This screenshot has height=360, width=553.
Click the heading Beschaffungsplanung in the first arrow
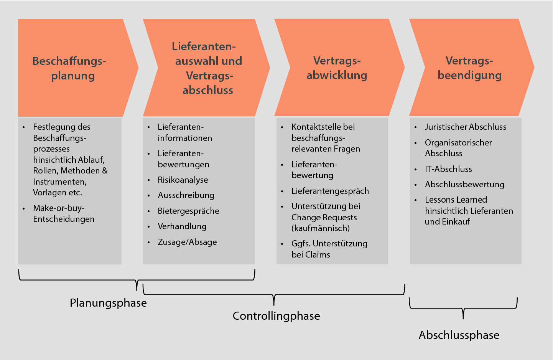coord(69,68)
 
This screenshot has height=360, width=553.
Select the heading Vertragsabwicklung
coord(337,68)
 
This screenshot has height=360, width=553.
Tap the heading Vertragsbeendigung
coord(469,68)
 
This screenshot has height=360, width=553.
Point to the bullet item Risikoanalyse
coord(183,180)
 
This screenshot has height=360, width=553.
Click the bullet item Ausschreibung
coord(186,195)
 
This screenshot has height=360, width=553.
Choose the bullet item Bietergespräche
coord(188,211)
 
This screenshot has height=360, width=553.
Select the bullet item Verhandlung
coord(182,226)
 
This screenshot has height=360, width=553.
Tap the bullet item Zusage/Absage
coord(187,242)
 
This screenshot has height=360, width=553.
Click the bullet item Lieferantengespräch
coord(330,191)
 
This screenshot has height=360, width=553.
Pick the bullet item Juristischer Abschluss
coord(466,127)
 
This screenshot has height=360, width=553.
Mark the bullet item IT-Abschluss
coord(448,169)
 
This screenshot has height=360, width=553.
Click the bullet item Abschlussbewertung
coord(464,185)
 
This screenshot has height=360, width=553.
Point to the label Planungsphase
coord(108,303)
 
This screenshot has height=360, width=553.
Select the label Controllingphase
coord(276,316)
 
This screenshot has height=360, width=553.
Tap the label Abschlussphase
coord(459,335)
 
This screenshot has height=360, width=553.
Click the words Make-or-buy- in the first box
coord(59,208)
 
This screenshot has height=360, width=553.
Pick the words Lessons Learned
coord(456,200)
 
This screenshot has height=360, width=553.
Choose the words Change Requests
coord(324,218)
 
